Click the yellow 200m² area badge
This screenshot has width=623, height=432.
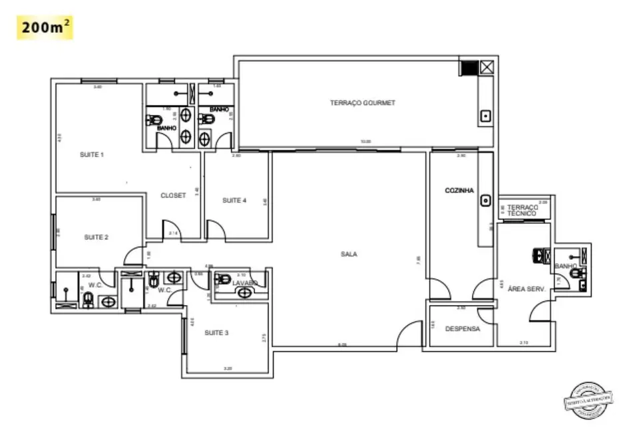pos(45,28)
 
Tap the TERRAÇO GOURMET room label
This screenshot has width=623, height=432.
pos(363,103)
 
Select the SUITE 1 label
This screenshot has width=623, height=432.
pos(92,155)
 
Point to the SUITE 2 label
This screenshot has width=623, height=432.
pos(97,237)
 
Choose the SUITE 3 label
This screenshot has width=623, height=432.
pos(216,332)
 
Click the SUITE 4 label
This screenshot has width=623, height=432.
pos(234,200)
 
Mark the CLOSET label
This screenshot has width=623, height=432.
pos(173,195)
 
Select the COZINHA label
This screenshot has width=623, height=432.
pos(459,191)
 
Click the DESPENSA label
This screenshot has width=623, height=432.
pos(462,328)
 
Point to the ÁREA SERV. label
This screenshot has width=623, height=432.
pos(526,289)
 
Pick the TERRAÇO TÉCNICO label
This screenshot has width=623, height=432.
pos(522,210)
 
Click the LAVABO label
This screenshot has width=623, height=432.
pos(244,283)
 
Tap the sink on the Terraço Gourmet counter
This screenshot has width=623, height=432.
pos(486,116)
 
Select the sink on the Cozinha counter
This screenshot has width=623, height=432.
pos(486,199)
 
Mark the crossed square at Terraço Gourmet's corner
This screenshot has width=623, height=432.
pos(487,67)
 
